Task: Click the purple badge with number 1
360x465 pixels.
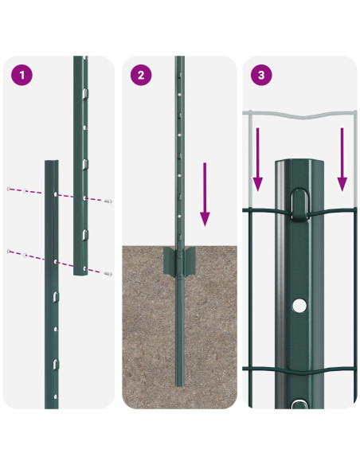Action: point(23,76)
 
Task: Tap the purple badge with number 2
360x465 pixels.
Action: point(141,76)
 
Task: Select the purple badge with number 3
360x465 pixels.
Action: point(260,76)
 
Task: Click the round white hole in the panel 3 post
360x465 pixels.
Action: point(299,305)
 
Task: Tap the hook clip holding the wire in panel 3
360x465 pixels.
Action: point(299,205)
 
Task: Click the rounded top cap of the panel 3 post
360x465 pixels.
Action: point(299,166)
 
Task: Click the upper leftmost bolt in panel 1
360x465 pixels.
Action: point(10,190)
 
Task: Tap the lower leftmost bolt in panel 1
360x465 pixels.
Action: point(10,252)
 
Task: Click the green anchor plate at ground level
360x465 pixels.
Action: point(180,260)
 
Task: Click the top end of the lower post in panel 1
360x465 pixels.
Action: point(52,162)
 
